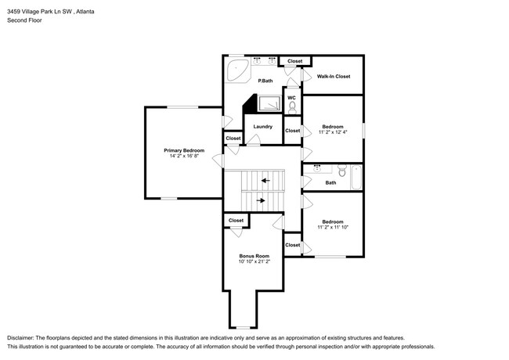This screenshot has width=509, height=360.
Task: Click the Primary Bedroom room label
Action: [184, 150]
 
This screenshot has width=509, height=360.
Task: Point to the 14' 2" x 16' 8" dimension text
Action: [184, 157]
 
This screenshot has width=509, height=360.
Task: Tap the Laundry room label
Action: [262, 126]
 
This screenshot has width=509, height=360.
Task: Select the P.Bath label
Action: [266, 81]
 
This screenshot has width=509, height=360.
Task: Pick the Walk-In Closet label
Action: [333, 77]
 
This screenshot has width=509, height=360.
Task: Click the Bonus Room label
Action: [254, 256]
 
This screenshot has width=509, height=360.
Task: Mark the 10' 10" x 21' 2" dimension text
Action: [254, 262]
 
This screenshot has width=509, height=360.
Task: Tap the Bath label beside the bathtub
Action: [330, 183]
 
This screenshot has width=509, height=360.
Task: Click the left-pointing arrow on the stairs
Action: [266, 181]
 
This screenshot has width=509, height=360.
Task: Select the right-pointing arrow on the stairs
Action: [261, 201]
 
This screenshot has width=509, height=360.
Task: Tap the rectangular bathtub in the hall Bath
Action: [356, 177]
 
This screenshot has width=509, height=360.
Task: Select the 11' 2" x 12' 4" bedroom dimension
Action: [333, 132]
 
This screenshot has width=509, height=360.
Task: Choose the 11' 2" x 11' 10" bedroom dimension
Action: [333, 228]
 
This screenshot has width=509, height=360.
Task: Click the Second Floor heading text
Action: [26, 20]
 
